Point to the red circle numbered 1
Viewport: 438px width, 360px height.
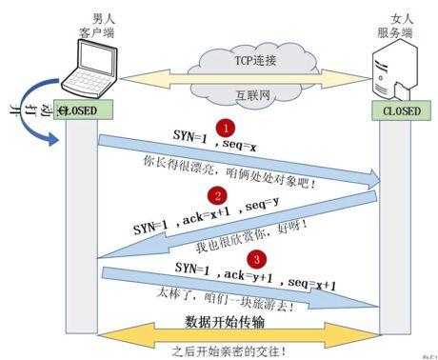tap(226, 127)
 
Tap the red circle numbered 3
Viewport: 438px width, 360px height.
tap(255, 258)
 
